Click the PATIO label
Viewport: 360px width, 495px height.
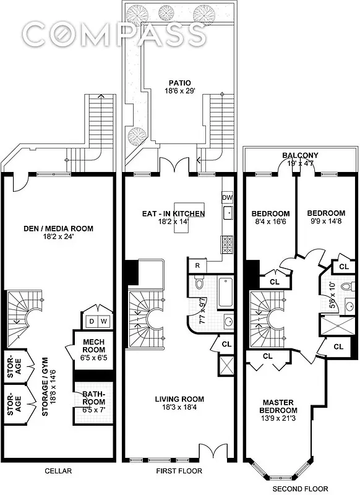178,82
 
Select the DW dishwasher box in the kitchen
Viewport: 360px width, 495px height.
226,197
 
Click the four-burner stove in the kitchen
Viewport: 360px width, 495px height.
226,243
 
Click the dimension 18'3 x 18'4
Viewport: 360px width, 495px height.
179,408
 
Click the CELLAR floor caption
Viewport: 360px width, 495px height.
58,471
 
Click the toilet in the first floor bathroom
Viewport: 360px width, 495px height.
199,284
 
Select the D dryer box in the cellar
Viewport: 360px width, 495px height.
92,321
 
